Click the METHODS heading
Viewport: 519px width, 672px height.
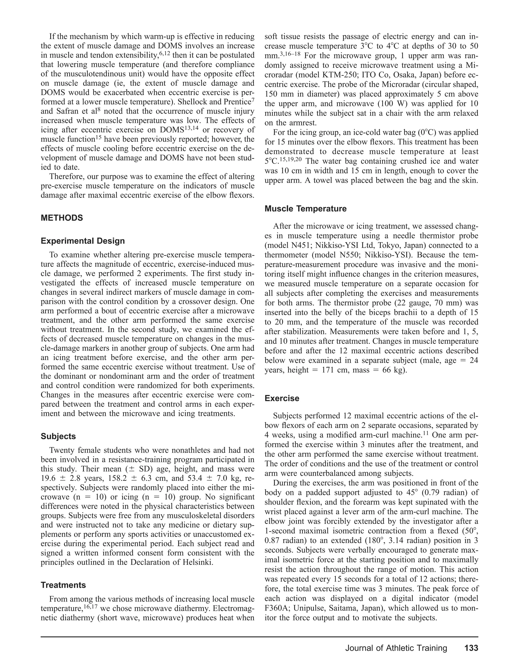[x=62, y=218]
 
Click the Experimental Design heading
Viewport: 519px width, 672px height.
[x=83, y=241]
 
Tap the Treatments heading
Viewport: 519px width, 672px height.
[x=63, y=585]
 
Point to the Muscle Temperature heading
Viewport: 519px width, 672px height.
[x=305, y=209]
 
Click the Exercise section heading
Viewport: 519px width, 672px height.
[x=282, y=398]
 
